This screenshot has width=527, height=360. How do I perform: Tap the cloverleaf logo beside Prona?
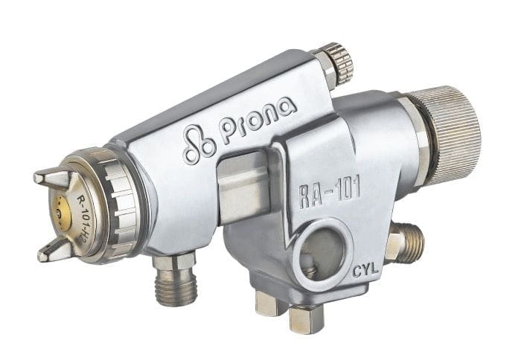pos(199,144)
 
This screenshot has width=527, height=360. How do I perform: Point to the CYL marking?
pos(365,270)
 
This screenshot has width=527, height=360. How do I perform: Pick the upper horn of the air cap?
pos(54,178)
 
